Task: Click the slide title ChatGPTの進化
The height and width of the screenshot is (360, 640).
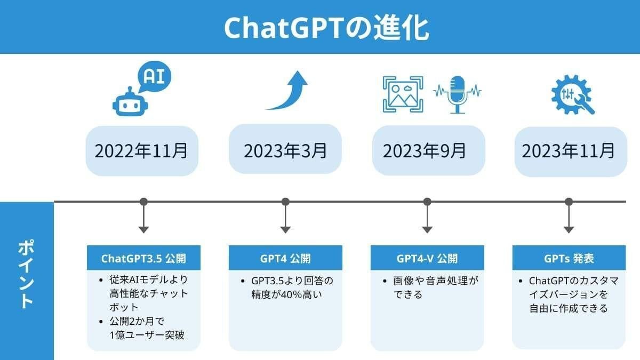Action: pos(326,28)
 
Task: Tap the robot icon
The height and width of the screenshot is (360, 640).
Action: pos(130,102)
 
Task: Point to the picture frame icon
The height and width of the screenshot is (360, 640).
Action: pos(403,94)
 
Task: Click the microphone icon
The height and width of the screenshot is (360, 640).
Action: pos(458,94)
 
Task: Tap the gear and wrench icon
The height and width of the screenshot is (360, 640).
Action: pos(573,94)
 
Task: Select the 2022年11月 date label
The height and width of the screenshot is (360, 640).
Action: pos(141,150)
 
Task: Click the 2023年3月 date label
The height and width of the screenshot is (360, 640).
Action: pos(285,149)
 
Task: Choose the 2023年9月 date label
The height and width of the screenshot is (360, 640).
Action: pos(428,150)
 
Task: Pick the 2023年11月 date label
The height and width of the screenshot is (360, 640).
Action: pos(571,151)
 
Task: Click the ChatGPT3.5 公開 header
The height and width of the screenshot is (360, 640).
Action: pos(143,258)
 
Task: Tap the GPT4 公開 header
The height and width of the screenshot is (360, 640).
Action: pos(285,258)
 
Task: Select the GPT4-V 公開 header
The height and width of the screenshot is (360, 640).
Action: pos(427,258)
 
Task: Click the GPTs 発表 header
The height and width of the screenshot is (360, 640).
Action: pos(569,258)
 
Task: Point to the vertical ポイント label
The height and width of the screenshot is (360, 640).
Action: pos(26,274)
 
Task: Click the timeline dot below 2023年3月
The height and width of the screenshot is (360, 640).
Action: pos(285,202)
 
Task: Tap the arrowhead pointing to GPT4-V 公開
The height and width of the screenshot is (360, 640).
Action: pos(427,230)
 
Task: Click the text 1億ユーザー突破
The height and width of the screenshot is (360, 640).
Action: pos(147,335)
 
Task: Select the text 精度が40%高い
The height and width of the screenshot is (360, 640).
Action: pos(286,294)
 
